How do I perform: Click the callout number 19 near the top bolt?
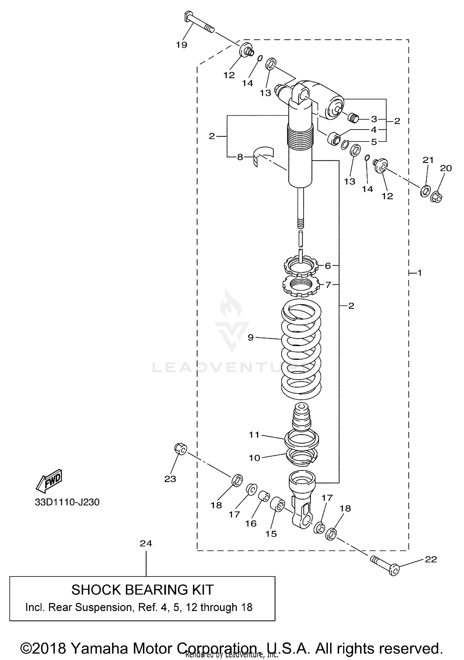click(182, 45)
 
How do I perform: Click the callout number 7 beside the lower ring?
click(328, 284)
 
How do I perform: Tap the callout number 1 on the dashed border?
click(419, 273)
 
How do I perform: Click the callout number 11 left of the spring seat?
click(254, 435)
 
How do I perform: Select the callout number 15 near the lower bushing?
click(271, 534)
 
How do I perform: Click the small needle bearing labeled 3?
click(353, 118)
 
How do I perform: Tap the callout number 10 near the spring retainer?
click(255, 458)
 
